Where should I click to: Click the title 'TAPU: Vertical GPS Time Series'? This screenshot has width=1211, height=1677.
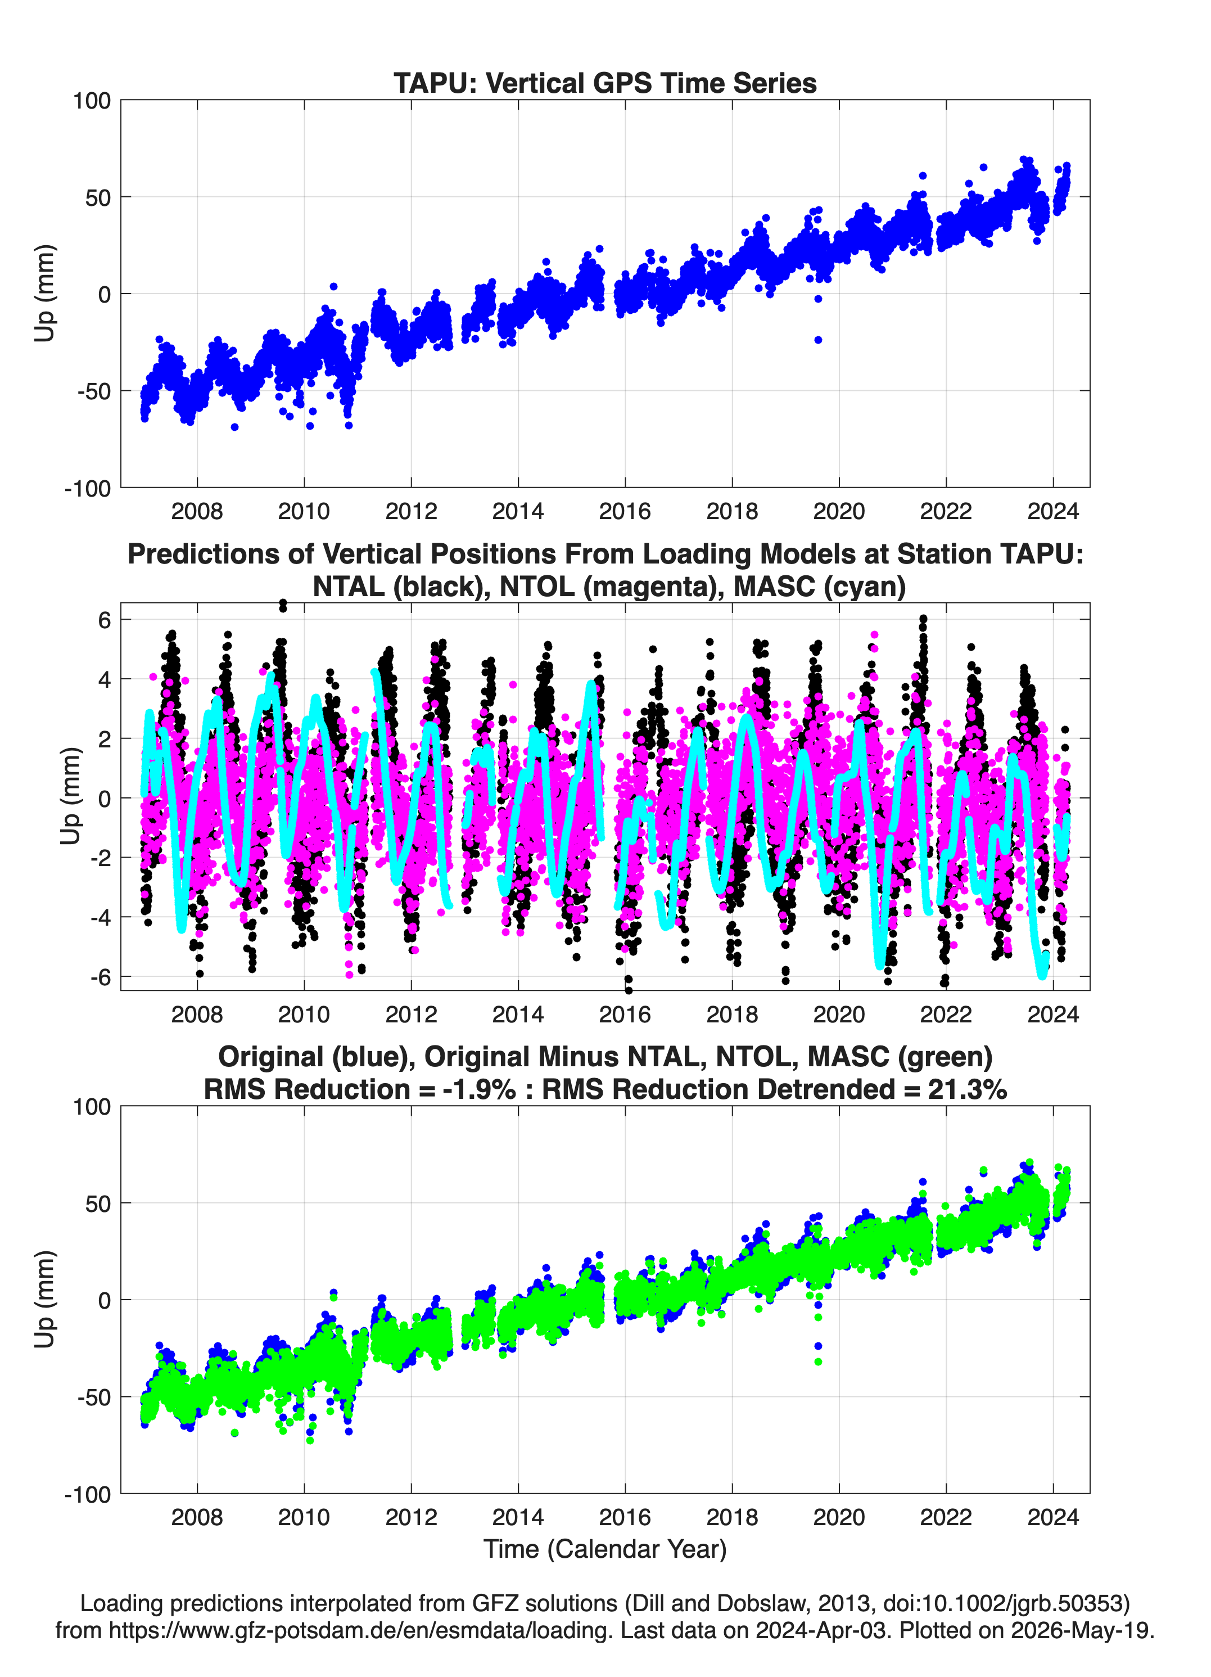click(605, 83)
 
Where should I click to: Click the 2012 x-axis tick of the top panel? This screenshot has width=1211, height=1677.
click(411, 511)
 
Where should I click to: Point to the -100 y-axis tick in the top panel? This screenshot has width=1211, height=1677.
click(87, 488)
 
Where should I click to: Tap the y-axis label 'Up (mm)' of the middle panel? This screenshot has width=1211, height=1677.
click(70, 796)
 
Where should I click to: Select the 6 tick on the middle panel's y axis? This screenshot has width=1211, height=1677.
click(104, 620)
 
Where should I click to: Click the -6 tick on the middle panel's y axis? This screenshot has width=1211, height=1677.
click(101, 977)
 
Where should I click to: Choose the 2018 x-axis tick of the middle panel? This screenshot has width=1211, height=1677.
click(732, 1014)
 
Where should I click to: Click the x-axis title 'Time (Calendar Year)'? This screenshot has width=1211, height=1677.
click(605, 1548)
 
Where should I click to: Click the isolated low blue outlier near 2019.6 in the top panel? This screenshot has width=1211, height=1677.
click(817, 340)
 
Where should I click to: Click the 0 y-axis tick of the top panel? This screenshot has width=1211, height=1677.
click(104, 294)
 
